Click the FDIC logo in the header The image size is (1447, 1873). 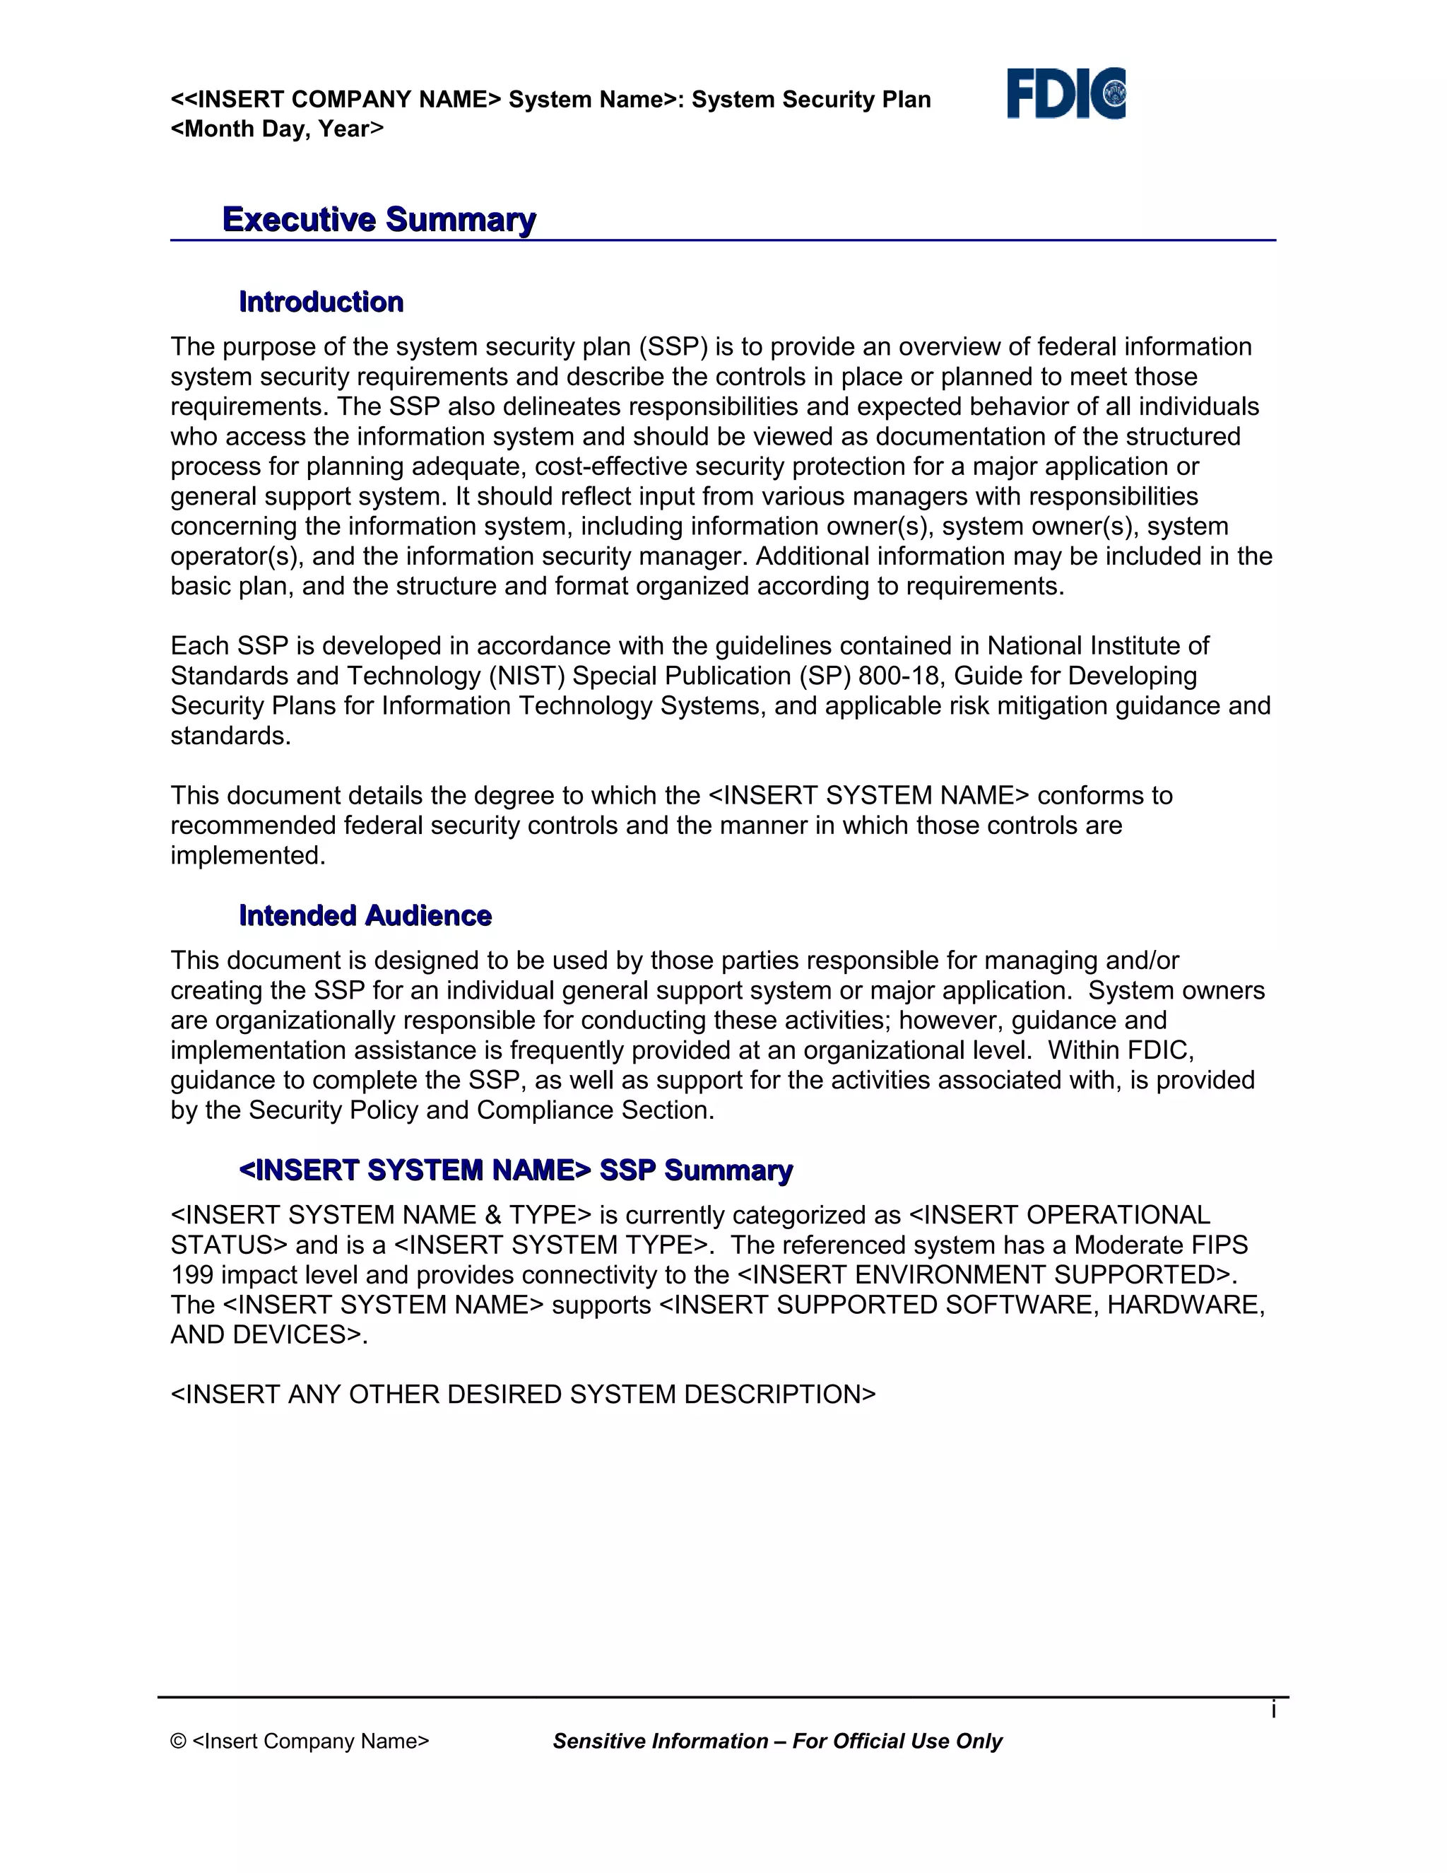pyautogui.click(x=1065, y=93)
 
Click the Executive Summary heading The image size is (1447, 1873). pyautogui.click(x=379, y=220)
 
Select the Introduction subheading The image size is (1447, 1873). pyautogui.click(x=321, y=302)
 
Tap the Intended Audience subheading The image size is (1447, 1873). pyautogui.click(x=365, y=916)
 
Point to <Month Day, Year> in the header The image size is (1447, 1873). pyautogui.click(x=277, y=129)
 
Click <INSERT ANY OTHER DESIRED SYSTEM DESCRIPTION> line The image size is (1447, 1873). pyautogui.click(x=523, y=1395)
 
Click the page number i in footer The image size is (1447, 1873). pyautogui.click(x=1274, y=1710)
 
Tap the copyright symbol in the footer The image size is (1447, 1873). pyautogui.click(x=178, y=1742)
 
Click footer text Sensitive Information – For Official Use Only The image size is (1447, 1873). pyautogui.click(x=777, y=1742)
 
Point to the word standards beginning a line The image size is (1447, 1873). pyautogui.click(x=229, y=736)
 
